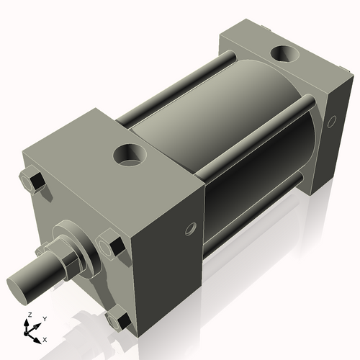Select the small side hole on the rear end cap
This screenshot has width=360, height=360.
pos(332,123)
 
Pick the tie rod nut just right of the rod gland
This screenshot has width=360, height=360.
pos(109,246)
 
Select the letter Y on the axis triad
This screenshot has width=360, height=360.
pos(44,318)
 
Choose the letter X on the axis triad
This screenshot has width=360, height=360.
pos(45,338)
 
